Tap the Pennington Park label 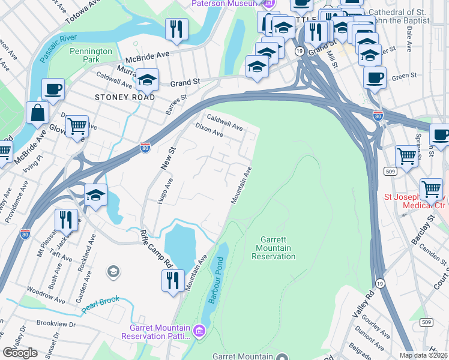click(91, 56)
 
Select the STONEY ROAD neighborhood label click(125, 97)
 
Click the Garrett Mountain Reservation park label click(276, 248)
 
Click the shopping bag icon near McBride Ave click(37, 113)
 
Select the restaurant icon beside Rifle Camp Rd click(173, 280)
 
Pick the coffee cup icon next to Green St click(375, 78)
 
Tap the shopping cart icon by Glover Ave click(77, 127)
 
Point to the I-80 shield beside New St click(145, 148)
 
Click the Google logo click(20, 352)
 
